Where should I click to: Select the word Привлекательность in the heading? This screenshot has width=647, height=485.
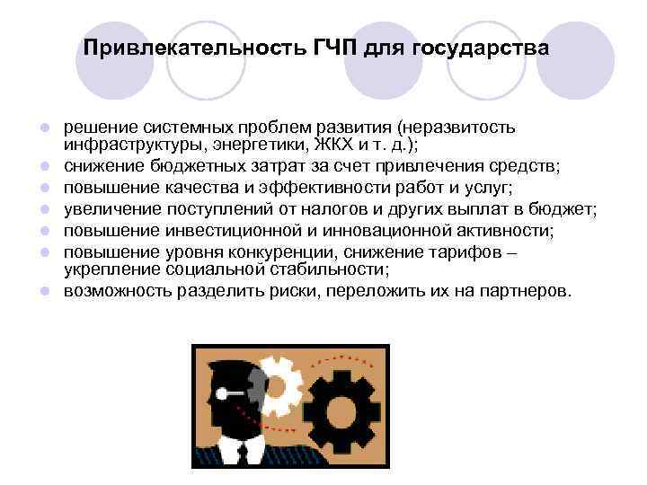[194, 47]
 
